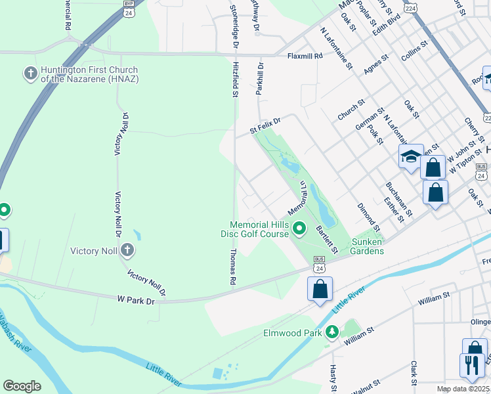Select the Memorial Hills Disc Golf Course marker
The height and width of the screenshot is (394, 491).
point(299,229)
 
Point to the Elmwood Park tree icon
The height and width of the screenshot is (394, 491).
point(332,332)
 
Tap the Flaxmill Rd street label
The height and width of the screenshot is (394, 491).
point(305,56)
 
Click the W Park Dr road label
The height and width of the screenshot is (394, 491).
point(136,300)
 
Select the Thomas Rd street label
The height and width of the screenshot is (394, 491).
point(233,267)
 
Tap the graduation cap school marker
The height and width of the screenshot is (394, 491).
point(411,156)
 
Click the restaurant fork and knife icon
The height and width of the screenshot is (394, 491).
point(471,364)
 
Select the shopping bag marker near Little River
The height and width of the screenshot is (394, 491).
point(320,288)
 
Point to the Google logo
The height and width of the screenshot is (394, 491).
point(22,386)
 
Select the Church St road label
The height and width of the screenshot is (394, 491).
point(351,110)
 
